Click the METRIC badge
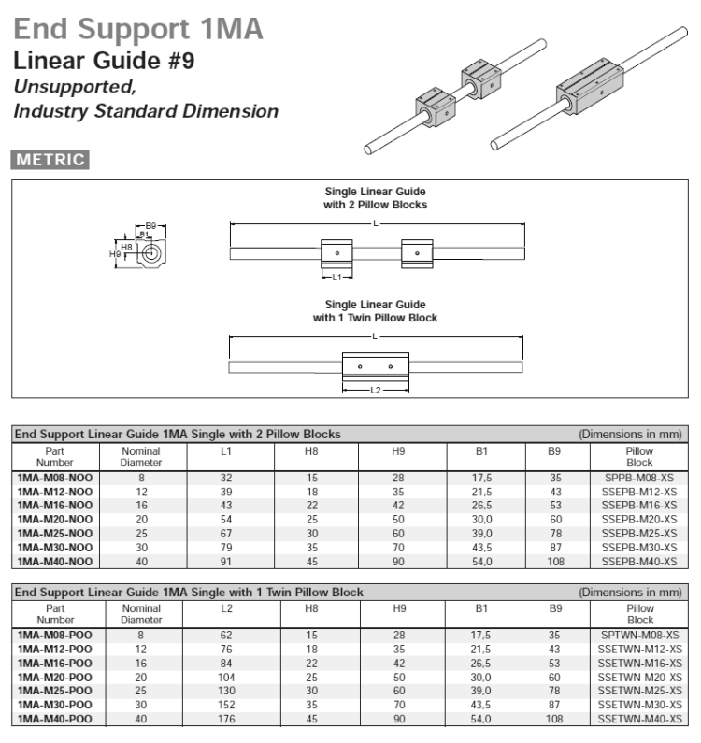pyautogui.click(x=50, y=160)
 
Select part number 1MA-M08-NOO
pyautogui.click(x=54, y=477)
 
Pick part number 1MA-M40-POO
pyautogui.click(x=54, y=720)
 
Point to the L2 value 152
pyautogui.click(x=227, y=706)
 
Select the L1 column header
pyautogui.click(x=227, y=451)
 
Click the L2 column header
pyautogui.click(x=227, y=608)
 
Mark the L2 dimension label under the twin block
pyautogui.click(x=376, y=389)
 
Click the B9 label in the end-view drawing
pyautogui.click(x=151, y=225)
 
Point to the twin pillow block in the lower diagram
pyautogui.click(x=376, y=365)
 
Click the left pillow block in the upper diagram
pyautogui.click(x=336, y=252)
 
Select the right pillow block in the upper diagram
pyautogui.click(x=417, y=252)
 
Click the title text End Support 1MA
pyautogui.click(x=137, y=29)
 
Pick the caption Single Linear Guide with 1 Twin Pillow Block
pyautogui.click(x=375, y=311)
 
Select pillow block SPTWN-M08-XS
pyautogui.click(x=639, y=636)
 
